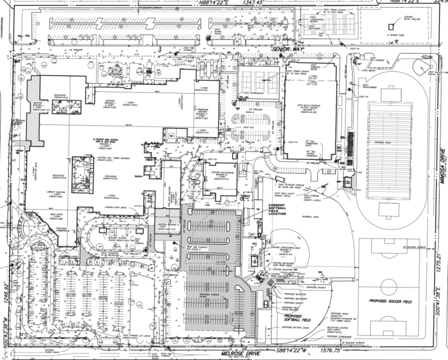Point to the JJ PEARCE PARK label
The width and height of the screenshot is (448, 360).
coord(395,36)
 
